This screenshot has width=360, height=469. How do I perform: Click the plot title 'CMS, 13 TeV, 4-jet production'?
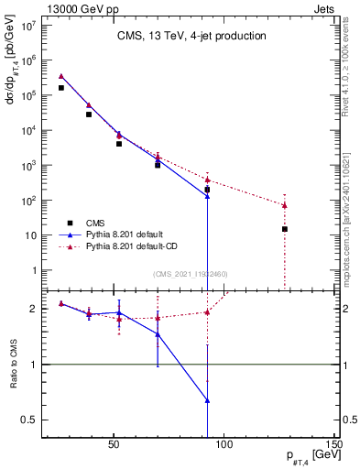(191, 36)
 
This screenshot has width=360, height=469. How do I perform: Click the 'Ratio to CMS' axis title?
(13, 365)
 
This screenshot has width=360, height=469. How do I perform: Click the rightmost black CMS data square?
(285, 229)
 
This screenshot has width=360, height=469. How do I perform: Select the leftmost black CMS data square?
(61, 88)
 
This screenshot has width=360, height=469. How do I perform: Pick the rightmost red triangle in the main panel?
(285, 205)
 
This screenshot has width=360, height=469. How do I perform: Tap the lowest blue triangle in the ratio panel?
(208, 400)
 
